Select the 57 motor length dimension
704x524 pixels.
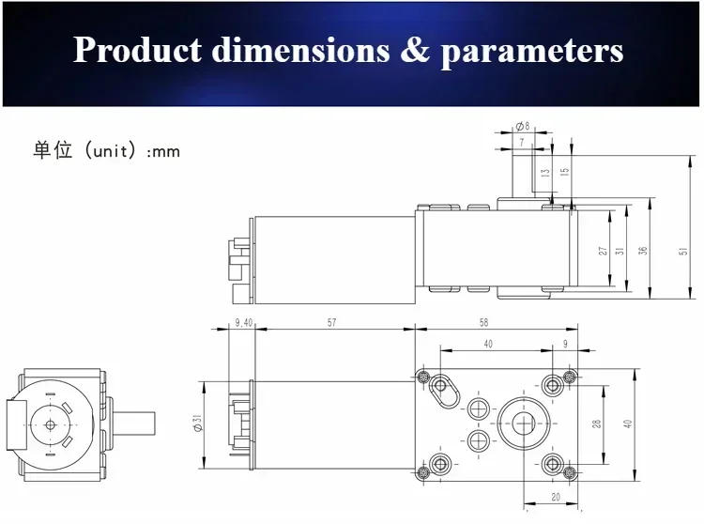332,322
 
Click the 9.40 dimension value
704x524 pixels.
242,322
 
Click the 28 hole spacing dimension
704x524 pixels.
596,424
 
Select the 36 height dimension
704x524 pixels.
643,251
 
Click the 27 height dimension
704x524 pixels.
603,251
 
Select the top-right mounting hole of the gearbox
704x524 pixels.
569,378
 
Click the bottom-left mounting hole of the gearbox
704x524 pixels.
437,466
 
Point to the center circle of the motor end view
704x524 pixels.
49,424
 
